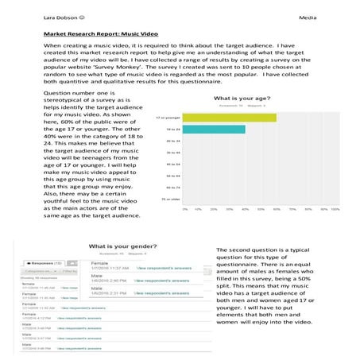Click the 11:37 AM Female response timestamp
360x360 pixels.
pyautogui.click(x=110, y=269)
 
